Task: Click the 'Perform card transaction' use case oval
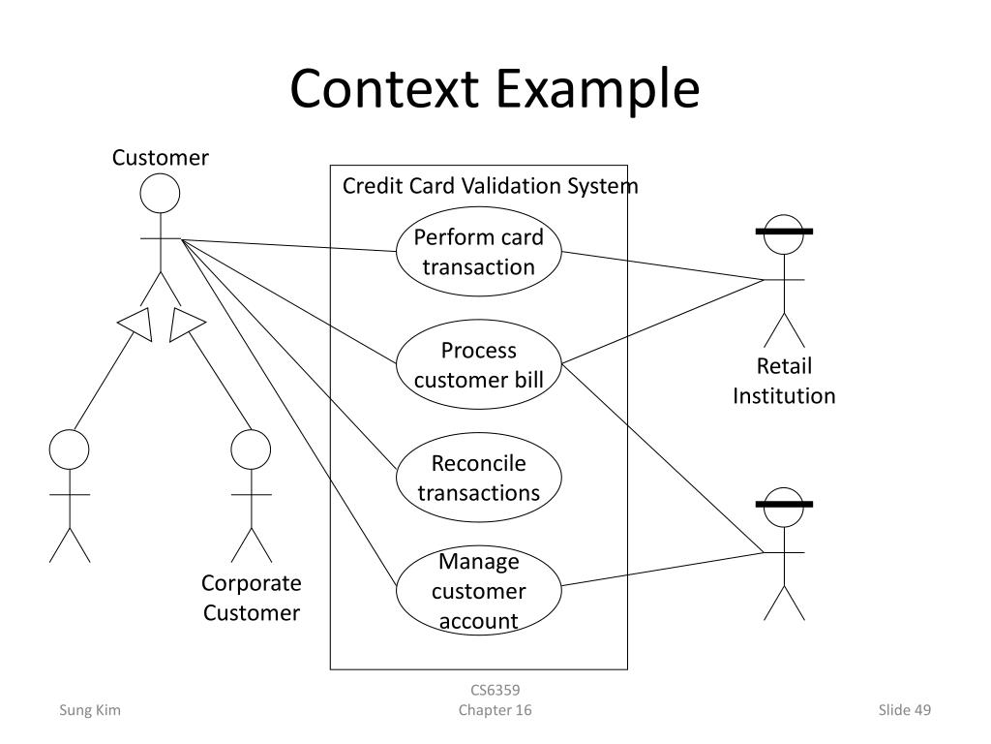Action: point(479,252)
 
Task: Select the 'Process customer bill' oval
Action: point(479,364)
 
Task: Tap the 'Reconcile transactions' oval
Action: point(479,478)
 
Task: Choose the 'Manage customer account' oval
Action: point(479,590)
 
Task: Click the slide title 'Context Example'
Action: point(495,89)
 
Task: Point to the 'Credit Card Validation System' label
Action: point(490,186)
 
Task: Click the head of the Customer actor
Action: point(160,194)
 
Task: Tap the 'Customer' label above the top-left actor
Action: point(160,157)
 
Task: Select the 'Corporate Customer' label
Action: point(252,598)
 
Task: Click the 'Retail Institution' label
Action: point(784,381)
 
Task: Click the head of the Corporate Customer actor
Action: point(252,449)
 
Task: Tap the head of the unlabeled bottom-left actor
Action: point(70,449)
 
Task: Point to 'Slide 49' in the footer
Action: point(904,711)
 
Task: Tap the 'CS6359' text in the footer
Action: point(495,691)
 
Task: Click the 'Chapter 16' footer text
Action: point(495,711)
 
